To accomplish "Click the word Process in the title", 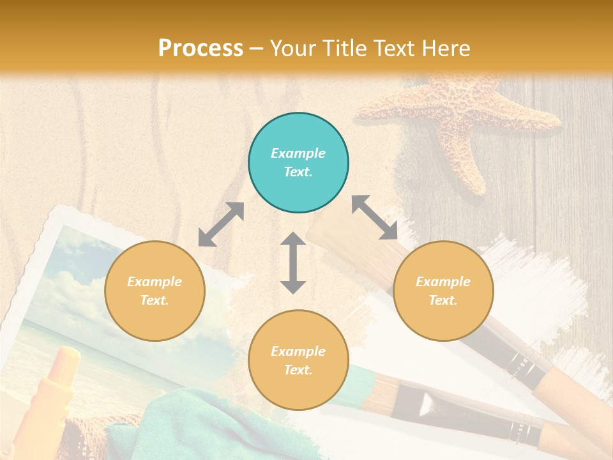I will pos(201,49).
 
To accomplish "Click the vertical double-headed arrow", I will pos(293,263).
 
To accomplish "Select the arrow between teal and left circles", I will pos(221,224).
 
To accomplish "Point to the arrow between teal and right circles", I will pos(374,217).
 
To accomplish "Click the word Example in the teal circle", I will pos(298,153).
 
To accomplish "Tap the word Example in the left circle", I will pos(155,282).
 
